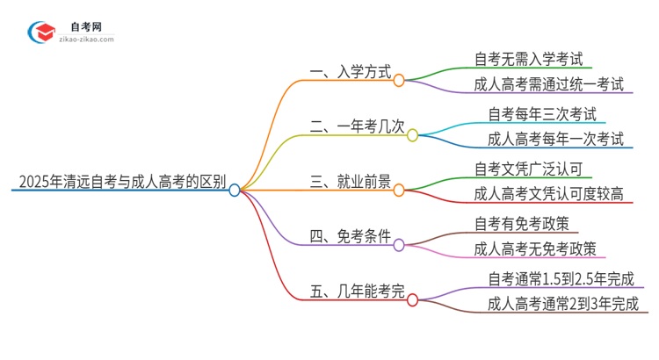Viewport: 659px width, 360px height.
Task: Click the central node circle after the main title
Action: coord(235,189)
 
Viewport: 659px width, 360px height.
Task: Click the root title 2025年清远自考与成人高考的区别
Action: coord(119,184)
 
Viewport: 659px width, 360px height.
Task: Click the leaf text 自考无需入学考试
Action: coord(533,60)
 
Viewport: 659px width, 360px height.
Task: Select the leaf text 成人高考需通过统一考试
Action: coord(548,85)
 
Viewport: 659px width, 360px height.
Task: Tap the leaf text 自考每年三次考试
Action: coord(541,114)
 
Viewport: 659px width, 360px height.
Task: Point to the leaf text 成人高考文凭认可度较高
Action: coord(548,195)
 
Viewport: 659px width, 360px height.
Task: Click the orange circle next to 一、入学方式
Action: coord(399,80)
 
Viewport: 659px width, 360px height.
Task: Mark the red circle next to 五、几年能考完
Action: coord(412,299)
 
